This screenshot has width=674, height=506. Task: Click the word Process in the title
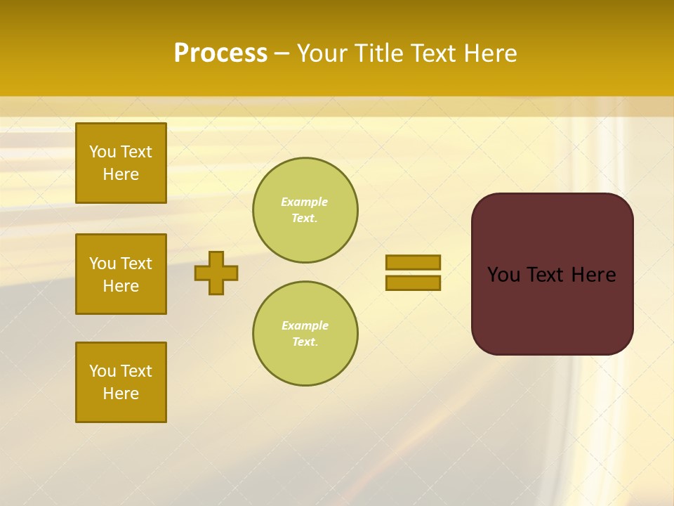coord(220,53)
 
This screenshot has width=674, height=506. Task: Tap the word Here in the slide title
coord(488,53)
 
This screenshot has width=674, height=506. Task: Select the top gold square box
coord(121,163)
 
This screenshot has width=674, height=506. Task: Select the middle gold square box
coord(121,274)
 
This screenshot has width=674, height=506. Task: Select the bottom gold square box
coord(121,382)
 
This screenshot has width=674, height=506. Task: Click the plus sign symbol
coord(216,273)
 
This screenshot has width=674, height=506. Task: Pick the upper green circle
coord(305,210)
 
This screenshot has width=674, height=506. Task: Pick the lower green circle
coord(305,334)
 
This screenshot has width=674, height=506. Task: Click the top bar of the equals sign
coord(413,262)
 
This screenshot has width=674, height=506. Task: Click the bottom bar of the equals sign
coord(413,283)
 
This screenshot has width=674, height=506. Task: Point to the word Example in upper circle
coord(305,202)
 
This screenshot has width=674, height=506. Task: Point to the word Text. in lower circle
coord(305,342)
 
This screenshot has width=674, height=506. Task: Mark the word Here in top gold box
coord(121,174)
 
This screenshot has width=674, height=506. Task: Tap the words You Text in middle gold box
coord(121,264)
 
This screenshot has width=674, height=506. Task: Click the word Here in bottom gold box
coord(121,394)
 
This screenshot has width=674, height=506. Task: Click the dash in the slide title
coord(282,54)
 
